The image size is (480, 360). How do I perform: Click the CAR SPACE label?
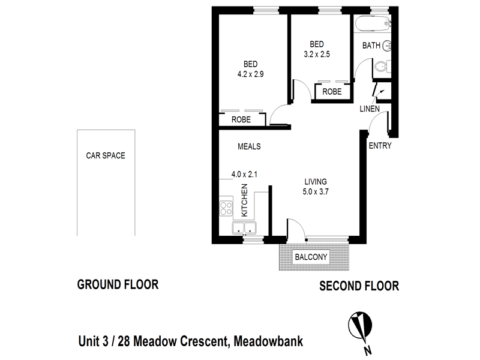click(x=105, y=155)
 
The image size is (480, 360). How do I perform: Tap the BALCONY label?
click(x=310, y=257)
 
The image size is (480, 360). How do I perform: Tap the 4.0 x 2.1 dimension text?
click(x=245, y=175)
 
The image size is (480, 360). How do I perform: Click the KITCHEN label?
click(x=244, y=200)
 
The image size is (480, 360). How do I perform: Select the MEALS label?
click(x=249, y=146)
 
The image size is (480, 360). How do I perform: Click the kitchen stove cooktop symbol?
click(x=226, y=209)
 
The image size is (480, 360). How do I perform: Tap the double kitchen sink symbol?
click(x=245, y=229)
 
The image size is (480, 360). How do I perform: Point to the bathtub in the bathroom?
click(x=372, y=25)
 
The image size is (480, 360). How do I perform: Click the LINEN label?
click(x=369, y=109)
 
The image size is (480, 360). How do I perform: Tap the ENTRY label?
click(x=379, y=145)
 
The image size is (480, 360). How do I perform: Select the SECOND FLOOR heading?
click(x=358, y=286)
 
